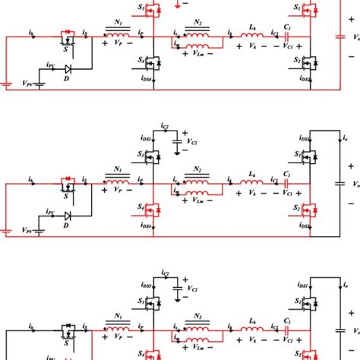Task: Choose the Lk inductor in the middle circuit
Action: [251, 183]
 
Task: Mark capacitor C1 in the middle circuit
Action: [287, 183]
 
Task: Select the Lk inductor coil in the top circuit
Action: [251, 34]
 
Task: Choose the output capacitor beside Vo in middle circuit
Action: [339, 183]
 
